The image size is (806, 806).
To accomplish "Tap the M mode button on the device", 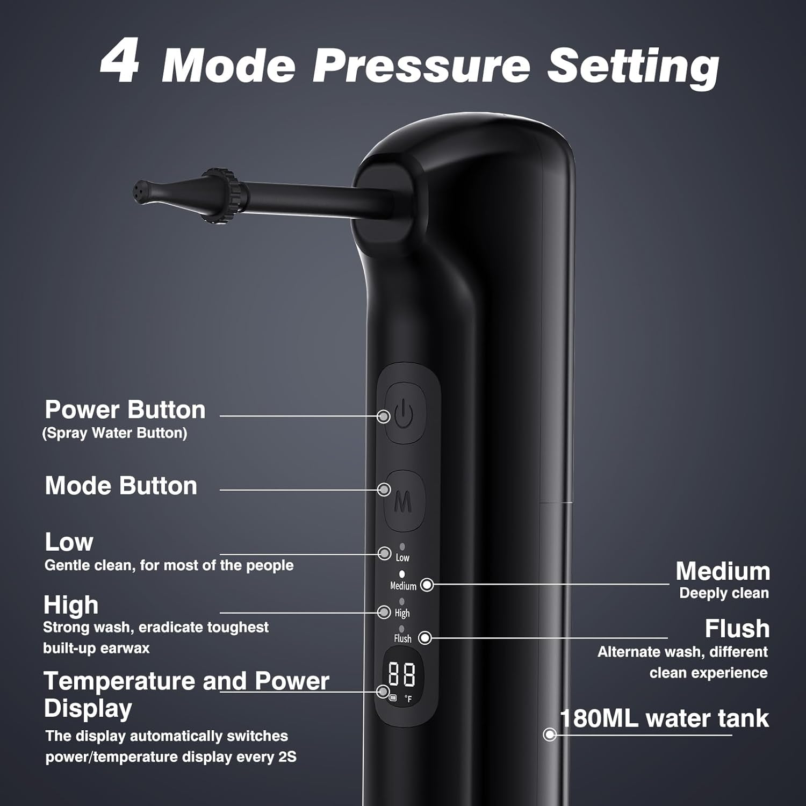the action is coord(405,501).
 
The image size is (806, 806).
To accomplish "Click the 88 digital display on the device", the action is coord(402,674).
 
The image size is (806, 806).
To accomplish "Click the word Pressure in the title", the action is coord(421,64).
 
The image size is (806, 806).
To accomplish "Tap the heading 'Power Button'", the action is coord(125,409).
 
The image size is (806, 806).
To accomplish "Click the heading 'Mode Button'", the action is coord(121,485).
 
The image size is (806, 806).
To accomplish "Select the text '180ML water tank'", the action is coord(664,718).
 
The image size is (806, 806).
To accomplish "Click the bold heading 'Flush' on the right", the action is coord(737,628).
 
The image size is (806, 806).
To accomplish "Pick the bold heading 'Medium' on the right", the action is coord(723,571).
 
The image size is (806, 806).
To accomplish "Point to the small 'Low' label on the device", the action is coord(402,558).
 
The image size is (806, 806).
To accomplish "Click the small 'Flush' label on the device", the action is coord(402,638).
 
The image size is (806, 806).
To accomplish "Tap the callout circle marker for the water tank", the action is coord(550,734).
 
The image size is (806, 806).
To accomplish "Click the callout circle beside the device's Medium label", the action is coord(427,585).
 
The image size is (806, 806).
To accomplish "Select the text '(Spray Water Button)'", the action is coord(114,433).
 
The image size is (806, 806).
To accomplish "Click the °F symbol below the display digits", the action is coord(408,699).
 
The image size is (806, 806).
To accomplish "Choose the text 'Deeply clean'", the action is coord(724,593).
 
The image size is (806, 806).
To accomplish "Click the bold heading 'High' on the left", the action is coord(71,605).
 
